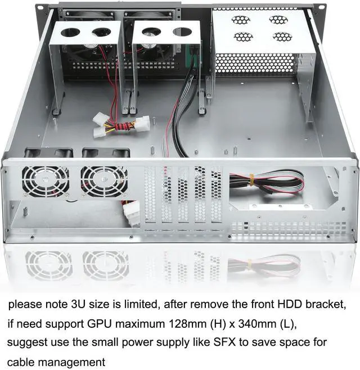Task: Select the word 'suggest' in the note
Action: pos(26,343)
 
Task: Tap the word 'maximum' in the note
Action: pos(159,324)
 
